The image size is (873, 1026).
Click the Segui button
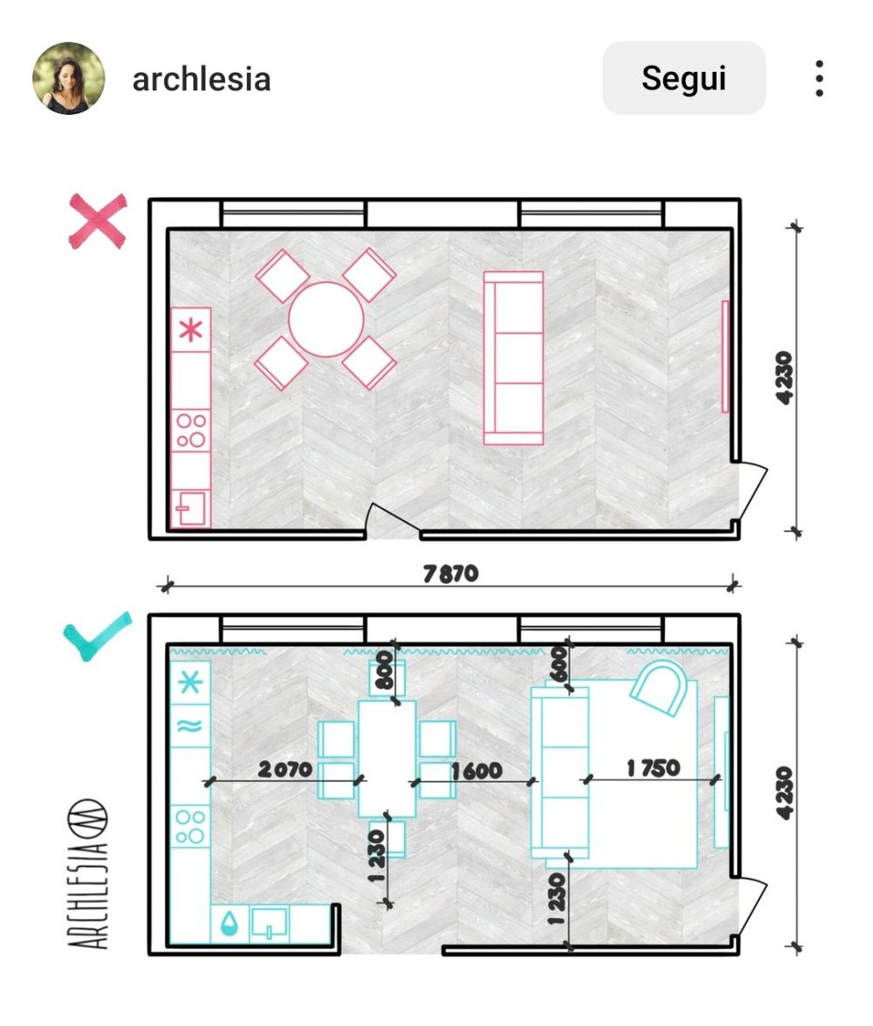coord(683,78)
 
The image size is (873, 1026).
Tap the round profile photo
coord(69,78)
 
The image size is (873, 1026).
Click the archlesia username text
coord(202,79)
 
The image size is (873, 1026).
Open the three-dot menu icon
coord(819,78)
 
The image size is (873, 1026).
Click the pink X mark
coord(98,221)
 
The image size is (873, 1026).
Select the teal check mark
coord(97,635)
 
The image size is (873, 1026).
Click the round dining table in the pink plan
coord(326,319)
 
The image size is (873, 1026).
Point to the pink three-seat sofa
coord(514,358)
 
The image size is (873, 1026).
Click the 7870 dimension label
coord(451,574)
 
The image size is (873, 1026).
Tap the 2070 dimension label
coord(285,769)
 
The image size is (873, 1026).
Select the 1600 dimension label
coord(477,771)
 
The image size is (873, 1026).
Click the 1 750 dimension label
coord(653,768)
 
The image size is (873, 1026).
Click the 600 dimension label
coord(558,664)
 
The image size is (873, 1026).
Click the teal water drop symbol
coord(229,923)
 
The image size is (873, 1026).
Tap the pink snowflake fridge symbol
coord(191,329)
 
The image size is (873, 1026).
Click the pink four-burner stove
coord(191,431)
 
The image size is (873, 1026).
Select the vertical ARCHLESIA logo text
coord(88,874)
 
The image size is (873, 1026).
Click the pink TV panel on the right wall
coord(725,356)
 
